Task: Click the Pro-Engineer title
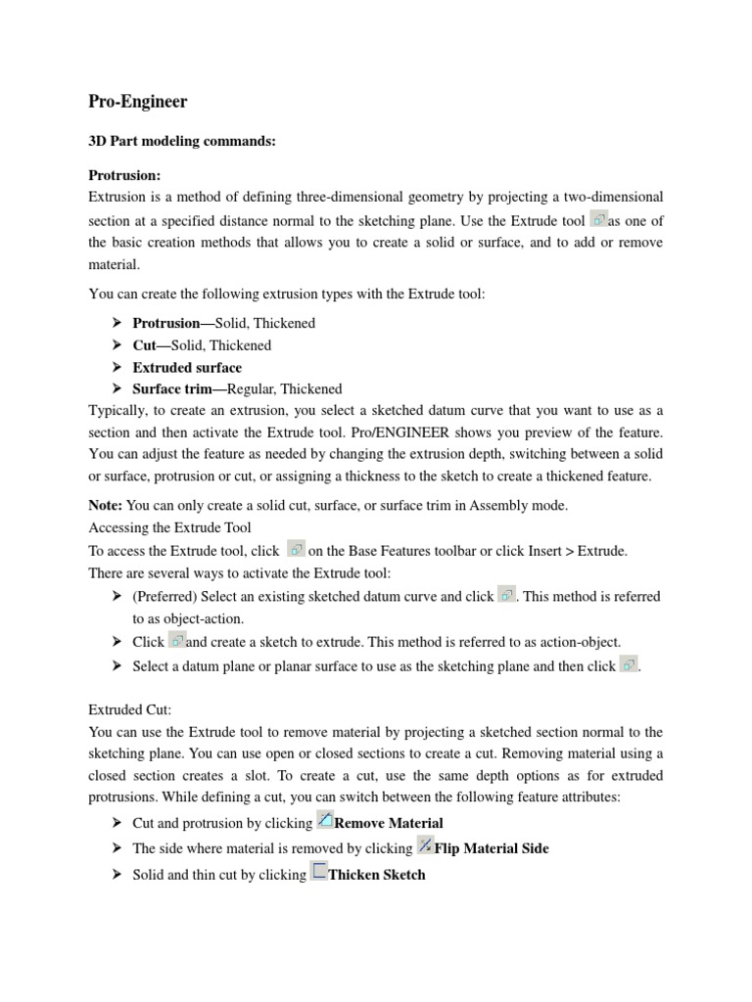click(137, 102)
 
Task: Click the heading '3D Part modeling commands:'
click(182, 142)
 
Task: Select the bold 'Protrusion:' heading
click(124, 175)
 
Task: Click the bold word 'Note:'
click(106, 506)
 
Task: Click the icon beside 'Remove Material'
click(326, 821)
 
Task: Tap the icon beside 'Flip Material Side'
click(425, 846)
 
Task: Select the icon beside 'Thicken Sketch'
click(319, 872)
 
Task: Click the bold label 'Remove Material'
click(389, 823)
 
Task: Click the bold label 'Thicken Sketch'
click(377, 875)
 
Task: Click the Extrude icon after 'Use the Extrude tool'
click(599, 219)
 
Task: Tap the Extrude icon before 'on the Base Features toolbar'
click(297, 549)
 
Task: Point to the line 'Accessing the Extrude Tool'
click(170, 528)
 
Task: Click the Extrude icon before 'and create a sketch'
click(176, 641)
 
